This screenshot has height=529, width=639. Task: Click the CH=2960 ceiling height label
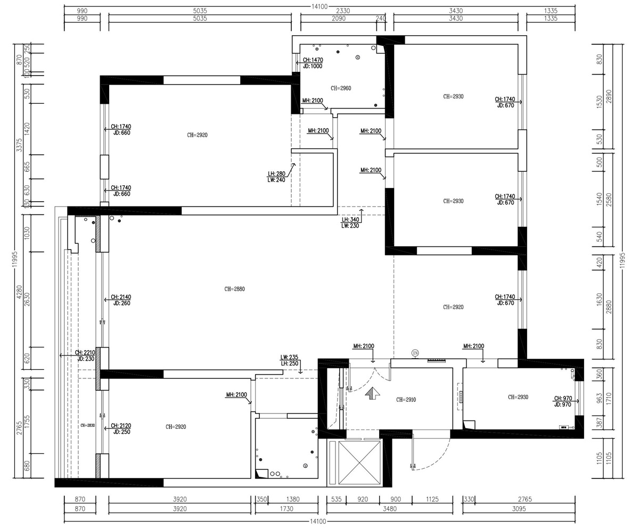coord(341,88)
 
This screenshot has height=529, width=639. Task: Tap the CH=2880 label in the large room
coord(234,289)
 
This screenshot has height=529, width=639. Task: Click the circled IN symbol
coord(415,353)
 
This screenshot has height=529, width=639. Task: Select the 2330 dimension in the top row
coord(342,11)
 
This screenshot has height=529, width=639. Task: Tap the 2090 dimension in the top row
coord(339,19)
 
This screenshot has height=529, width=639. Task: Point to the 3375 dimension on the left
coord(19,145)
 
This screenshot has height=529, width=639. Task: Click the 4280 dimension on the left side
coord(19,292)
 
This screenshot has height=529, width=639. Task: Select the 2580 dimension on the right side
coord(609,203)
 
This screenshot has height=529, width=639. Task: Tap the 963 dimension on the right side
coord(600,398)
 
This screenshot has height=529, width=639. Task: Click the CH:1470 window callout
coord(313,60)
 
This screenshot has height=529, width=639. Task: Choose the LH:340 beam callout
coord(350,219)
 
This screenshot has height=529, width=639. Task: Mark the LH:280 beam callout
coord(276,173)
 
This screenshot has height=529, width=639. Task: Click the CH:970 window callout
coord(562,398)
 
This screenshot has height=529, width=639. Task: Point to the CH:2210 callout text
coord(85,352)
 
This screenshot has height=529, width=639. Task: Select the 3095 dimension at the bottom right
coord(519,509)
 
